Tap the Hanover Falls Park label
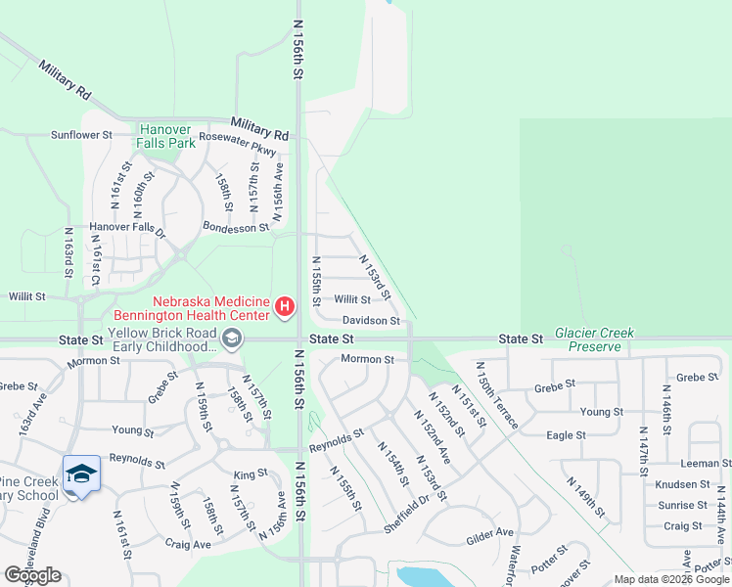click(x=167, y=135)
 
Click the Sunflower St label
click(x=82, y=135)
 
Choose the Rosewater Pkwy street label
click(x=237, y=138)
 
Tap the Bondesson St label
click(x=235, y=227)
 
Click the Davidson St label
click(x=371, y=320)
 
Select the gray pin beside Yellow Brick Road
click(x=231, y=339)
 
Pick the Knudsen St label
click(x=683, y=484)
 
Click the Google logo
click(x=32, y=575)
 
